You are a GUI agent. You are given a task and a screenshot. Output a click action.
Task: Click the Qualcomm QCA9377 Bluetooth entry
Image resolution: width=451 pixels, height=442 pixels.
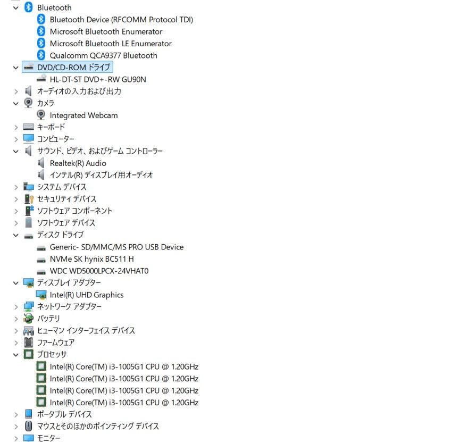[x=104, y=55]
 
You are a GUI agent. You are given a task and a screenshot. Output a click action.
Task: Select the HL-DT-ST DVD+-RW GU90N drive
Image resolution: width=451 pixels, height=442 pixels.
[x=98, y=79]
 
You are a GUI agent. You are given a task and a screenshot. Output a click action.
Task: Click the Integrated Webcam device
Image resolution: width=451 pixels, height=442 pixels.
[x=83, y=115]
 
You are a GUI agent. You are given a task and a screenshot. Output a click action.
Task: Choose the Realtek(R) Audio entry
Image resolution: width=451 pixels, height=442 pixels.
[x=78, y=163]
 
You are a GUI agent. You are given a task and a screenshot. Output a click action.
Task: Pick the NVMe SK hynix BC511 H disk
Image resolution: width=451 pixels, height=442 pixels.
[x=92, y=259]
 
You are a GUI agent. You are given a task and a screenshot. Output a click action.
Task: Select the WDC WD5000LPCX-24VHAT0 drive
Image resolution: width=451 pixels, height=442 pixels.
[x=99, y=271]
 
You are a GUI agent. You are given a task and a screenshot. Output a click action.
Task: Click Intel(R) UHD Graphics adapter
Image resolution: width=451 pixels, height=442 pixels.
[x=87, y=295]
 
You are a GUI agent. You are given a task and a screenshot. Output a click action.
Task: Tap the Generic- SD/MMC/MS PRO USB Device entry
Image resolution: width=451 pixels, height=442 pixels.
[x=116, y=247]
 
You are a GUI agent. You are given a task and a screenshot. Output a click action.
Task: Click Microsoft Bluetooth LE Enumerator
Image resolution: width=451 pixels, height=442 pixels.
[x=111, y=44]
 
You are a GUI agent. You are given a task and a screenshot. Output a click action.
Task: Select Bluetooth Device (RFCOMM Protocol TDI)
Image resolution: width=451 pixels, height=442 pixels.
[x=121, y=20]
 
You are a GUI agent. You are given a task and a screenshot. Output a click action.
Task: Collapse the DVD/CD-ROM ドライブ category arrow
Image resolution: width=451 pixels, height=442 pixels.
[x=16, y=68]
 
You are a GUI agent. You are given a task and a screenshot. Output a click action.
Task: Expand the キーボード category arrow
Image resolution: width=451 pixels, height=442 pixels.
[x=16, y=128]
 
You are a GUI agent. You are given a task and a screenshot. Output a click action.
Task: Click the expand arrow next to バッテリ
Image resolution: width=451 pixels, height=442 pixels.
[x=16, y=319]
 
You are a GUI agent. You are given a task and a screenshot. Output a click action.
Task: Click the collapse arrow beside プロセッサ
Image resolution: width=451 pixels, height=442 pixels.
[x=16, y=355]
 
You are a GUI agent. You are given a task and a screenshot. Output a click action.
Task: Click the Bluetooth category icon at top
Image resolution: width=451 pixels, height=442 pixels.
[x=29, y=7]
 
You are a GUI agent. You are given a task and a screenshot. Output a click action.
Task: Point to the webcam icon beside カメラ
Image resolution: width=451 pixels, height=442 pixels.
[x=28, y=103]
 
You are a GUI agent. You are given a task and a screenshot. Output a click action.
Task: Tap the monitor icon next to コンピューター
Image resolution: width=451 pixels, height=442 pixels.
[x=29, y=139]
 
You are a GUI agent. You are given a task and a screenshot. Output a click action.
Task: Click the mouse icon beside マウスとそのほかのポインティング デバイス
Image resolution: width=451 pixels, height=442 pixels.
[x=29, y=426]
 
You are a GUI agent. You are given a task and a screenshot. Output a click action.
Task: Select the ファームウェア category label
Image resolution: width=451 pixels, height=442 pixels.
[x=56, y=343]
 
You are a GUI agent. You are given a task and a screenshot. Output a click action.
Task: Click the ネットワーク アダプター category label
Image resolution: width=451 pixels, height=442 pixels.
[x=69, y=306]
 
